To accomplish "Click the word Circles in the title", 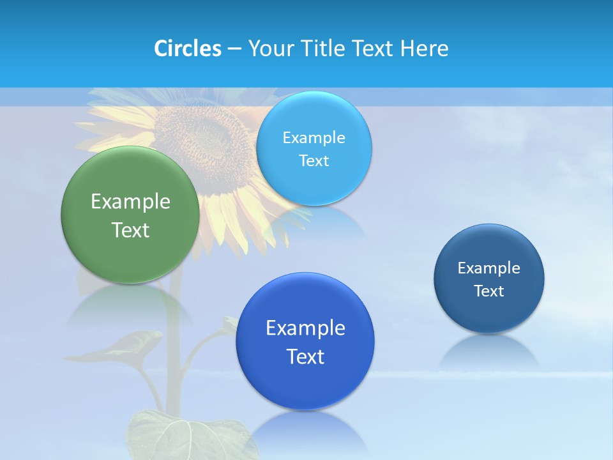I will click(187, 49).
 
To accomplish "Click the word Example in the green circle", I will click(130, 202).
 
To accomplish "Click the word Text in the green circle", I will click(130, 230).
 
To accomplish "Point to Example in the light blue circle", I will click(314, 138).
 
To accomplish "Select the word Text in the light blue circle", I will click(314, 161).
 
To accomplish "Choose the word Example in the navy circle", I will click(489, 268).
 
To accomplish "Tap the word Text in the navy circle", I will click(489, 291).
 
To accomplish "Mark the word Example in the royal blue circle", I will click(305, 328).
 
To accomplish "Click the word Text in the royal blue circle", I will click(305, 356).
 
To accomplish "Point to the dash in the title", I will click(234, 49).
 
